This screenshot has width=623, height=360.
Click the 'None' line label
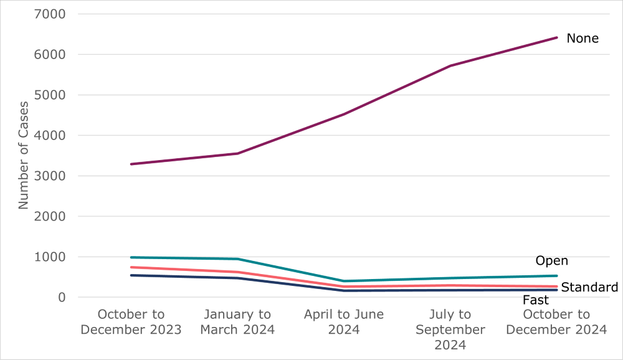pos(582,39)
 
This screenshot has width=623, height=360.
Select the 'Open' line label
pos(551,261)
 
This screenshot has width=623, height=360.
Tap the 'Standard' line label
pos(589,287)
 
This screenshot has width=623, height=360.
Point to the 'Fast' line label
pos(535,300)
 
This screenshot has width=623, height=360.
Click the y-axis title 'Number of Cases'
pos(24,155)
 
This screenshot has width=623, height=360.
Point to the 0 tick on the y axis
pos(62,298)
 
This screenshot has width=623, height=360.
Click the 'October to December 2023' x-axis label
pos(131,322)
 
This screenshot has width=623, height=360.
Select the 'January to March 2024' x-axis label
pos(237,322)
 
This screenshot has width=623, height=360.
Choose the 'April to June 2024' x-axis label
pos(344,322)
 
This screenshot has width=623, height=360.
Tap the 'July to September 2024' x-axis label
pos(450,329)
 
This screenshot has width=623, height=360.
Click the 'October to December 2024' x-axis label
pos(556,322)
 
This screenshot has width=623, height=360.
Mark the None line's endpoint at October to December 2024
pos(556,37)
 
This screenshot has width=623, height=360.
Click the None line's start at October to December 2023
pos(131,164)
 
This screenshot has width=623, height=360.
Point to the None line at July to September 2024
pos(450,66)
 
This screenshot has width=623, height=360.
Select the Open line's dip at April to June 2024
pos(344,282)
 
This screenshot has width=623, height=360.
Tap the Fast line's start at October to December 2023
pos(131,275)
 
